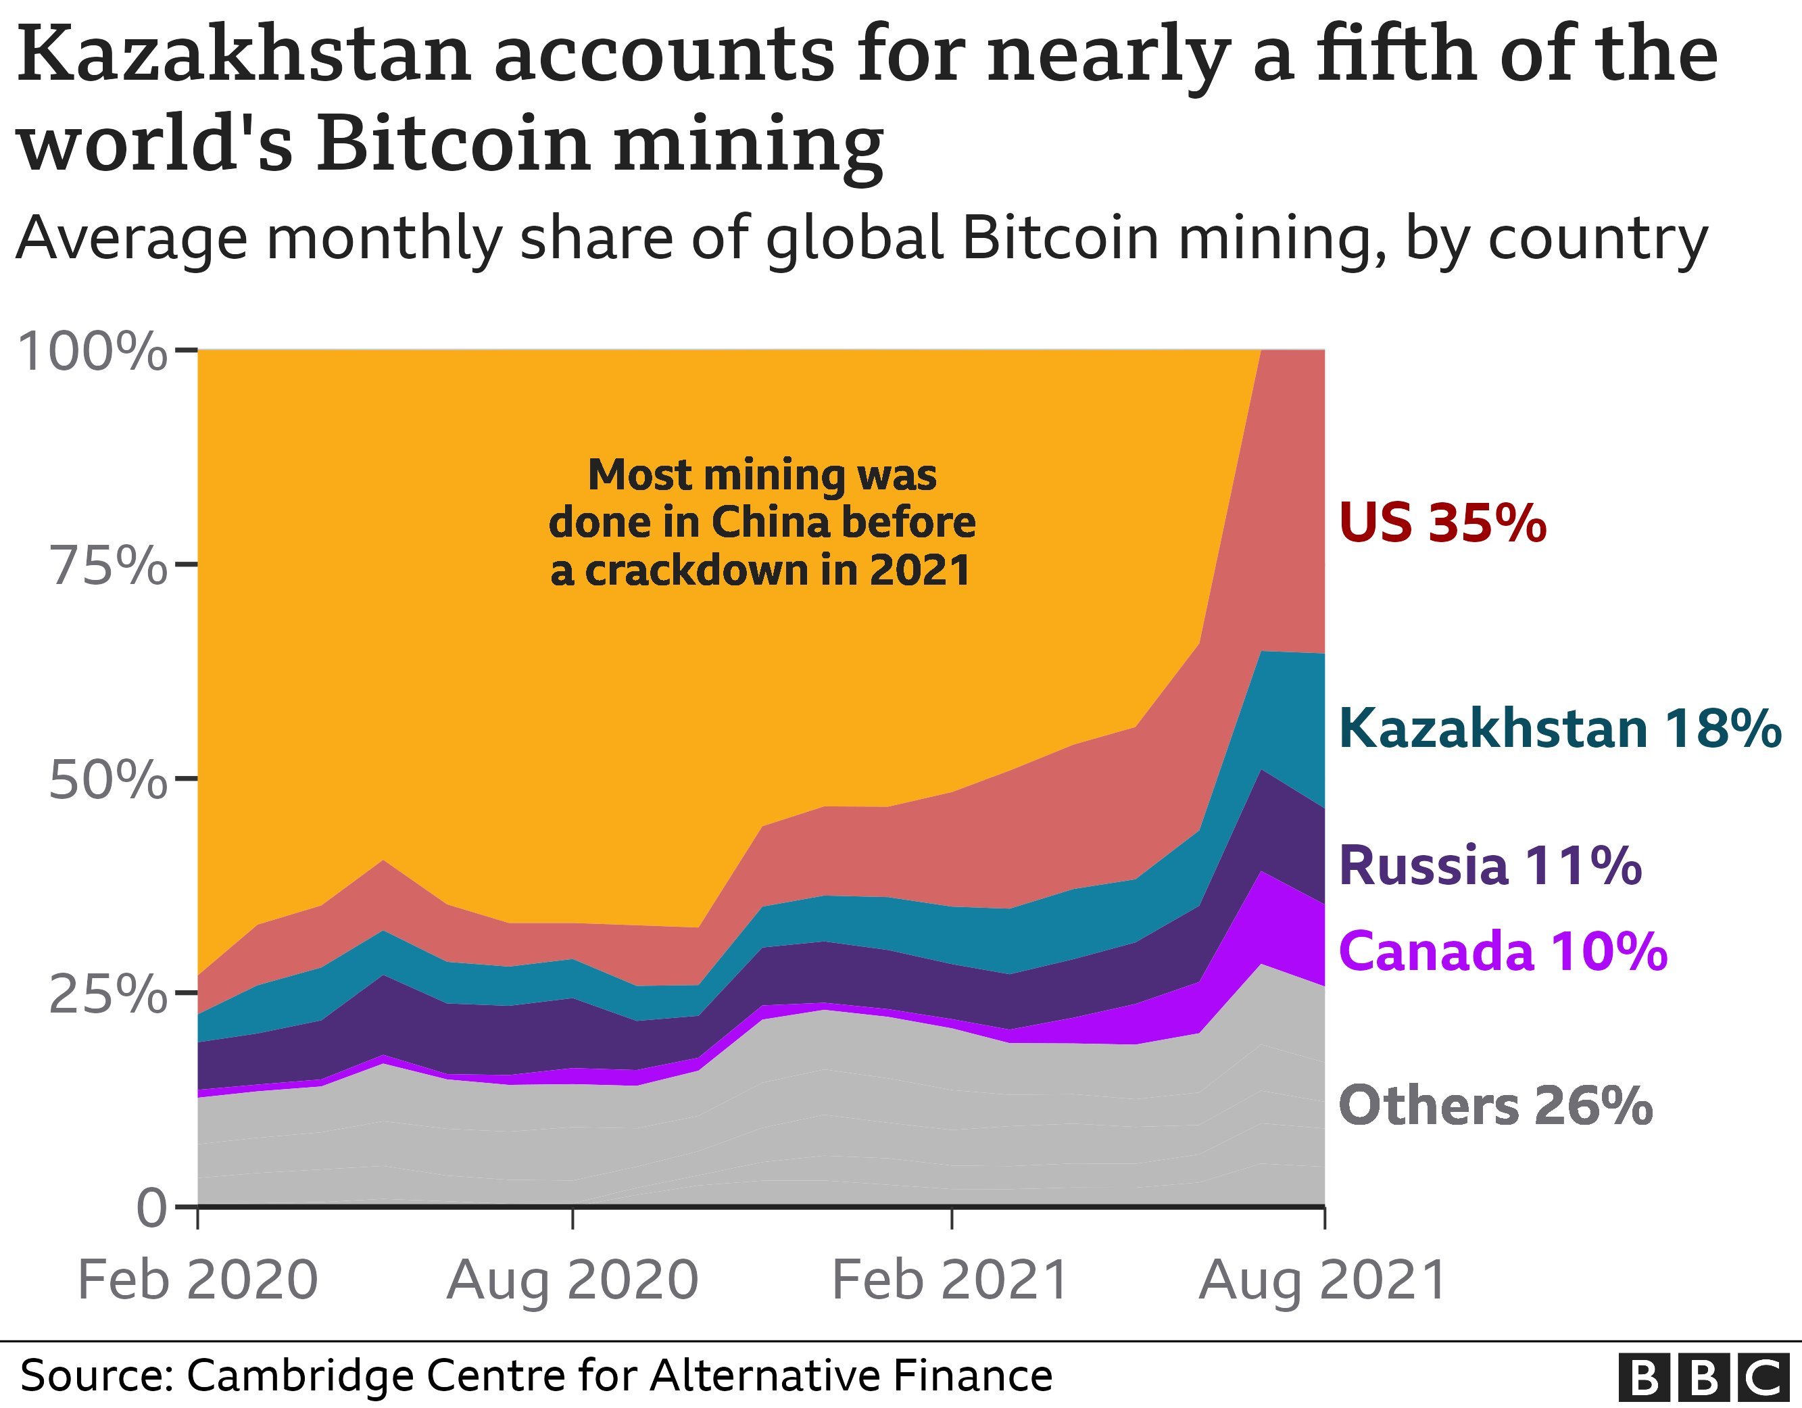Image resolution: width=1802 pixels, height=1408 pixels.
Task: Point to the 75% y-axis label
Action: [109, 566]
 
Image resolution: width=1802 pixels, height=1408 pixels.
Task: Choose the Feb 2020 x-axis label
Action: [197, 1280]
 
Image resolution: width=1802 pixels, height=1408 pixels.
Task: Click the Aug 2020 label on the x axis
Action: [573, 1280]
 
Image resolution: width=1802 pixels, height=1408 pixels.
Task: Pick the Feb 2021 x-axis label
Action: [950, 1280]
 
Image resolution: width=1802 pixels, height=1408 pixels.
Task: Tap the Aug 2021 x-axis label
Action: [1323, 1280]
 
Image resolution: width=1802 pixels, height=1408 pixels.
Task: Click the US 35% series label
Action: [1442, 523]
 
